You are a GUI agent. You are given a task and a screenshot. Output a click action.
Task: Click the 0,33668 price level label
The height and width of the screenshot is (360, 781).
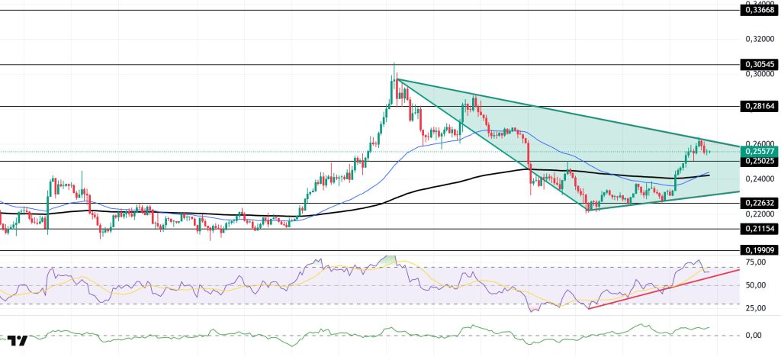[x=759, y=10]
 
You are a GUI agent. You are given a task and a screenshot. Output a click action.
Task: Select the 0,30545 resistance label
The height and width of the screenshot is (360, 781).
[x=759, y=65]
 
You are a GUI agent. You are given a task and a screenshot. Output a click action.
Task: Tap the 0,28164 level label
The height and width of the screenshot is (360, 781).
[x=759, y=107]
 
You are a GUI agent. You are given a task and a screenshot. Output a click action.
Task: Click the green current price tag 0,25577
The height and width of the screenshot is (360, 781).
[x=759, y=151]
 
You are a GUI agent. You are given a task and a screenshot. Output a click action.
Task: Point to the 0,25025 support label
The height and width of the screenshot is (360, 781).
[x=759, y=161]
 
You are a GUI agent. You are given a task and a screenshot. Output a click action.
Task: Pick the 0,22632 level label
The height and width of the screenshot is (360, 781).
[x=759, y=203]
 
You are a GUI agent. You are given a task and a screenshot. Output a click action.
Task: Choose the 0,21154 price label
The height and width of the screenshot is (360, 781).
[x=759, y=229]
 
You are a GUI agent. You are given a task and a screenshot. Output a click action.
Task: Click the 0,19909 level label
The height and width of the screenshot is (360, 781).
[x=759, y=249]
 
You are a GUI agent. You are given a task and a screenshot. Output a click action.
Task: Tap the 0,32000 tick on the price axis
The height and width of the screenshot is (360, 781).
[x=759, y=38]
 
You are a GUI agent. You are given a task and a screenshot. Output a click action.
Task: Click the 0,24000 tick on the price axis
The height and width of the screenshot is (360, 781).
[x=759, y=179]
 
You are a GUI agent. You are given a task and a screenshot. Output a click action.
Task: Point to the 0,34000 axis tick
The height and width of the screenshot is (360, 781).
[x=759, y=3]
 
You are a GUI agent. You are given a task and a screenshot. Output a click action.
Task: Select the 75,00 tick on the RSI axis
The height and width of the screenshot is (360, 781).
[x=757, y=262]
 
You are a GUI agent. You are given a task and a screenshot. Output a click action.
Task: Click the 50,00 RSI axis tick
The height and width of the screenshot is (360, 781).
[x=757, y=285]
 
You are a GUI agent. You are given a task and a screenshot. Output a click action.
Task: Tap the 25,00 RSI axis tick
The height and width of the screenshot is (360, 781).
[x=757, y=308]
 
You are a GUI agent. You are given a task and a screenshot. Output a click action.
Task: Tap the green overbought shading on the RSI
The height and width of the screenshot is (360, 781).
[x=390, y=261]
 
